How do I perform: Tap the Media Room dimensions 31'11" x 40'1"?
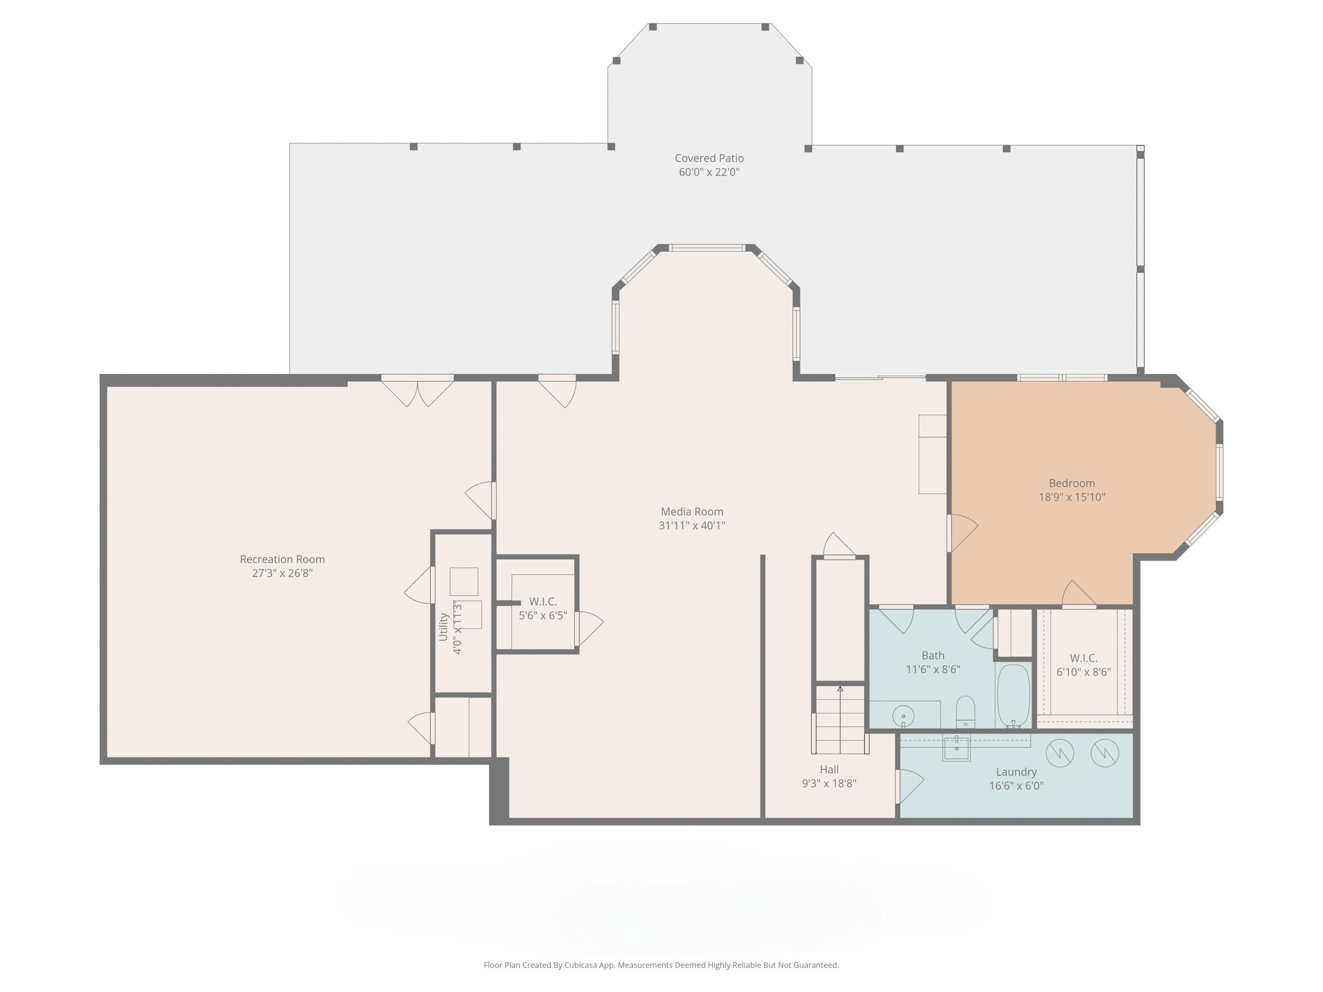point(692,525)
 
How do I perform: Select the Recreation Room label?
point(282,559)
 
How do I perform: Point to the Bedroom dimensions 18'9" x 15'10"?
point(1072,497)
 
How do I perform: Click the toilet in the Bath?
point(966,711)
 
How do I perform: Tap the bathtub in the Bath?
point(1013,696)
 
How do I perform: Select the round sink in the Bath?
point(903,716)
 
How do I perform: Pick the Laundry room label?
point(1016,772)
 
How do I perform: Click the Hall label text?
point(829,769)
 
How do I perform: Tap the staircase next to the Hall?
point(840,719)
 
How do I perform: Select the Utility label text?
point(443,627)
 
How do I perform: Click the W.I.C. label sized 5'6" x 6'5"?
point(543,601)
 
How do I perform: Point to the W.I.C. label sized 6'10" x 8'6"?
point(1083,658)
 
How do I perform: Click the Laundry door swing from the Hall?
point(909,786)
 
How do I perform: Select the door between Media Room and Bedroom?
point(962,533)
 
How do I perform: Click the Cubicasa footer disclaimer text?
point(661,965)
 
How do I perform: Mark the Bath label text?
point(933,655)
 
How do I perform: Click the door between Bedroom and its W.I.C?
point(1079,594)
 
